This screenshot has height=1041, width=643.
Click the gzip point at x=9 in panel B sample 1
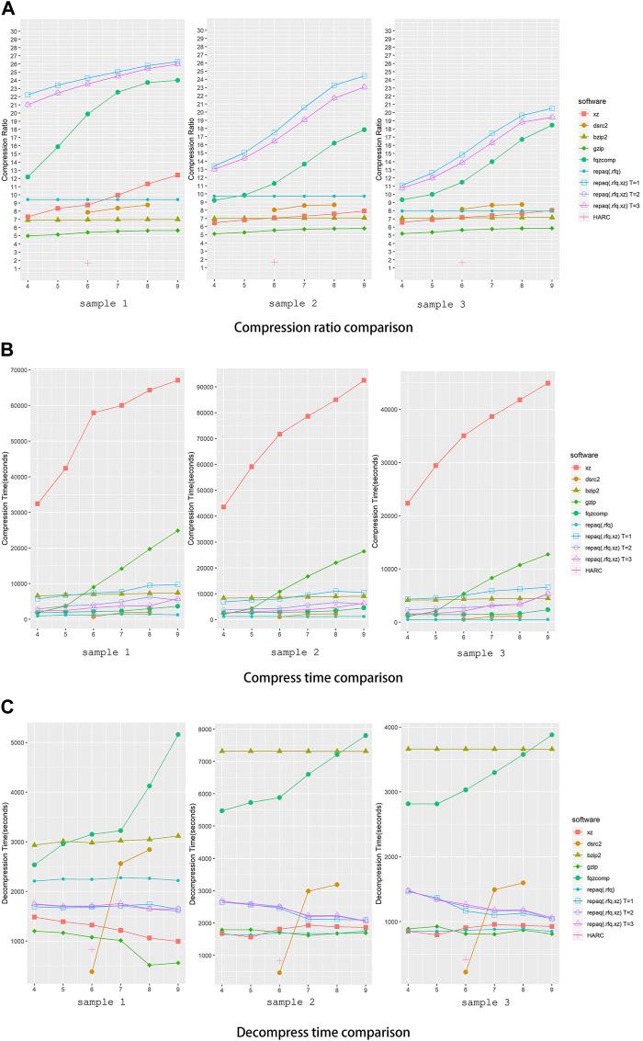(x=176, y=530)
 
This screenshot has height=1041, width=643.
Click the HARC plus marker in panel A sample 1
(x=88, y=263)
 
